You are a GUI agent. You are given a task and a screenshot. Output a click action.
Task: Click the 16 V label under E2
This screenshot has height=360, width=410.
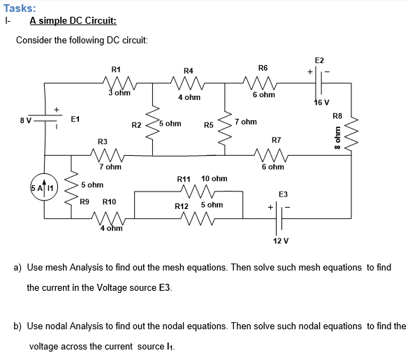(321, 103)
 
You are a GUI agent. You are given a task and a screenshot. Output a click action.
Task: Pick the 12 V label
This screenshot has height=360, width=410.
(281, 240)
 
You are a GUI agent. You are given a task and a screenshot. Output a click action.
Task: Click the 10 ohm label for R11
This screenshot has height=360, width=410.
(214, 179)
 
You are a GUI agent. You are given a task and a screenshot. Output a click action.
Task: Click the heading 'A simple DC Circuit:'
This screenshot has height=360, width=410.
(73, 21)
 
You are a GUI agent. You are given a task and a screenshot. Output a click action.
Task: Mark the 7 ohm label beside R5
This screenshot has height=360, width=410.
(246, 122)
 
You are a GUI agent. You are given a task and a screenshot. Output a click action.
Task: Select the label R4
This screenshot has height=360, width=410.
(188, 71)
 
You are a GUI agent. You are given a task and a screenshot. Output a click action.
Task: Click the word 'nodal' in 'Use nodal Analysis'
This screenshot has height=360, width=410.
(71, 326)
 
